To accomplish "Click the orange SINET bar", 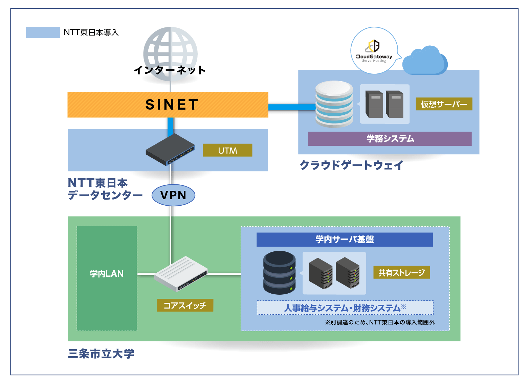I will tap(168, 105).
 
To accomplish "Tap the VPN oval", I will tap(173, 195).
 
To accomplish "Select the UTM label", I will tap(227, 150).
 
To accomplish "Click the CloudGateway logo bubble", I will tap(374, 51).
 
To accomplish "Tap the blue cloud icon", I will tap(425, 61).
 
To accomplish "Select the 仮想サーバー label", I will tap(444, 104).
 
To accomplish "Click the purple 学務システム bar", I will tap(390, 139).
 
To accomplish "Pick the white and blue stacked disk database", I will tap(334, 104).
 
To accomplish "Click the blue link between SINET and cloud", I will tap(291, 107).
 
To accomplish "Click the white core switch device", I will tap(181, 274).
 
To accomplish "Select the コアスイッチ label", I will tap(185, 305).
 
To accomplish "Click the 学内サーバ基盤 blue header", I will tap(345, 240).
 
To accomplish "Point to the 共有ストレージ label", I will tap(401, 272).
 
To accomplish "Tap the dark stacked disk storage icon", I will tap(279, 273).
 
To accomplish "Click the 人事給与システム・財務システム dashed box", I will tap(345, 308).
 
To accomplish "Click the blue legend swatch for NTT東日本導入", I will tap(43, 32).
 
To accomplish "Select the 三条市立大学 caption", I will tap(101, 354).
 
